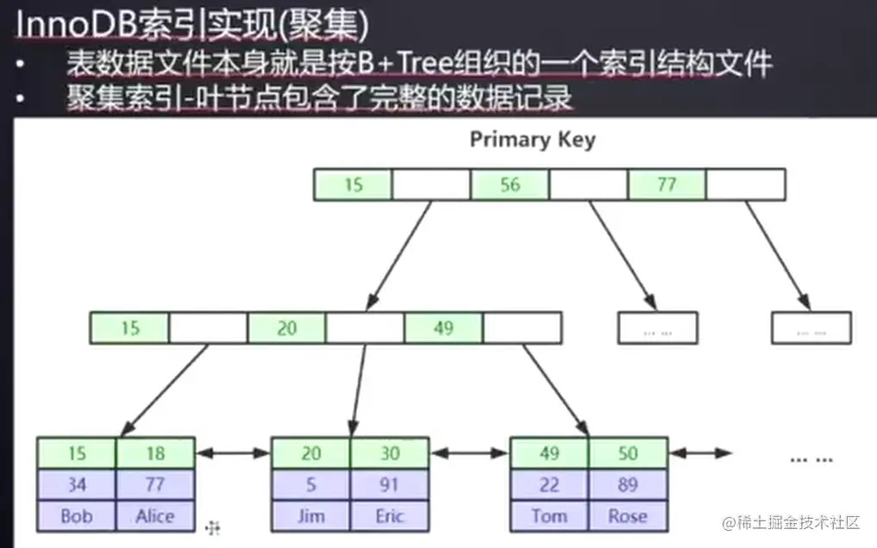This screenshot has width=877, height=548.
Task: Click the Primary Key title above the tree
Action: (x=532, y=140)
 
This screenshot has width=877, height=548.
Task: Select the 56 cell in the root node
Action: (x=510, y=185)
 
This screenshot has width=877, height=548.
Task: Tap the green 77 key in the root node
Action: (x=667, y=185)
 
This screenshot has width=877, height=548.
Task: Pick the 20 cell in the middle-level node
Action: (x=286, y=328)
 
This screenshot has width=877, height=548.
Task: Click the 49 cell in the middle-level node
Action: (x=443, y=328)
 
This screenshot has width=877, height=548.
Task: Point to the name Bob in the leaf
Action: (x=77, y=516)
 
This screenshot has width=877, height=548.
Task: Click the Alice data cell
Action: (x=155, y=516)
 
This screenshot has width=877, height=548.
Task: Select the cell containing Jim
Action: (x=310, y=516)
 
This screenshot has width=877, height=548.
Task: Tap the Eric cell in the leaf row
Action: (x=389, y=516)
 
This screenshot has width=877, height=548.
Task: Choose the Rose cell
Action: (x=627, y=516)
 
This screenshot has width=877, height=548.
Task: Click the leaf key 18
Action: (x=155, y=453)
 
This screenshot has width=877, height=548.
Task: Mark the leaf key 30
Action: (x=389, y=453)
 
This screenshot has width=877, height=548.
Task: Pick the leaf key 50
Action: (x=627, y=453)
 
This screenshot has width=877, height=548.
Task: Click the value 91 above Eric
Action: (x=389, y=485)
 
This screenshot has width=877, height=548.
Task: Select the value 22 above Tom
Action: (x=549, y=485)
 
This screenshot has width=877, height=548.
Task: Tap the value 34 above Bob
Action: (x=77, y=485)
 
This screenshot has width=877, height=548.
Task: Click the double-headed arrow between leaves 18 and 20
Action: (x=233, y=453)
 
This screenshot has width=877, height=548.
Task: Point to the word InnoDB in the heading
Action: (x=68, y=26)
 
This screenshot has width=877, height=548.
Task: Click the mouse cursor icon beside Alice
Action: (x=212, y=527)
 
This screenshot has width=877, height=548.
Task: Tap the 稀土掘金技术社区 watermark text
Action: (x=792, y=522)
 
